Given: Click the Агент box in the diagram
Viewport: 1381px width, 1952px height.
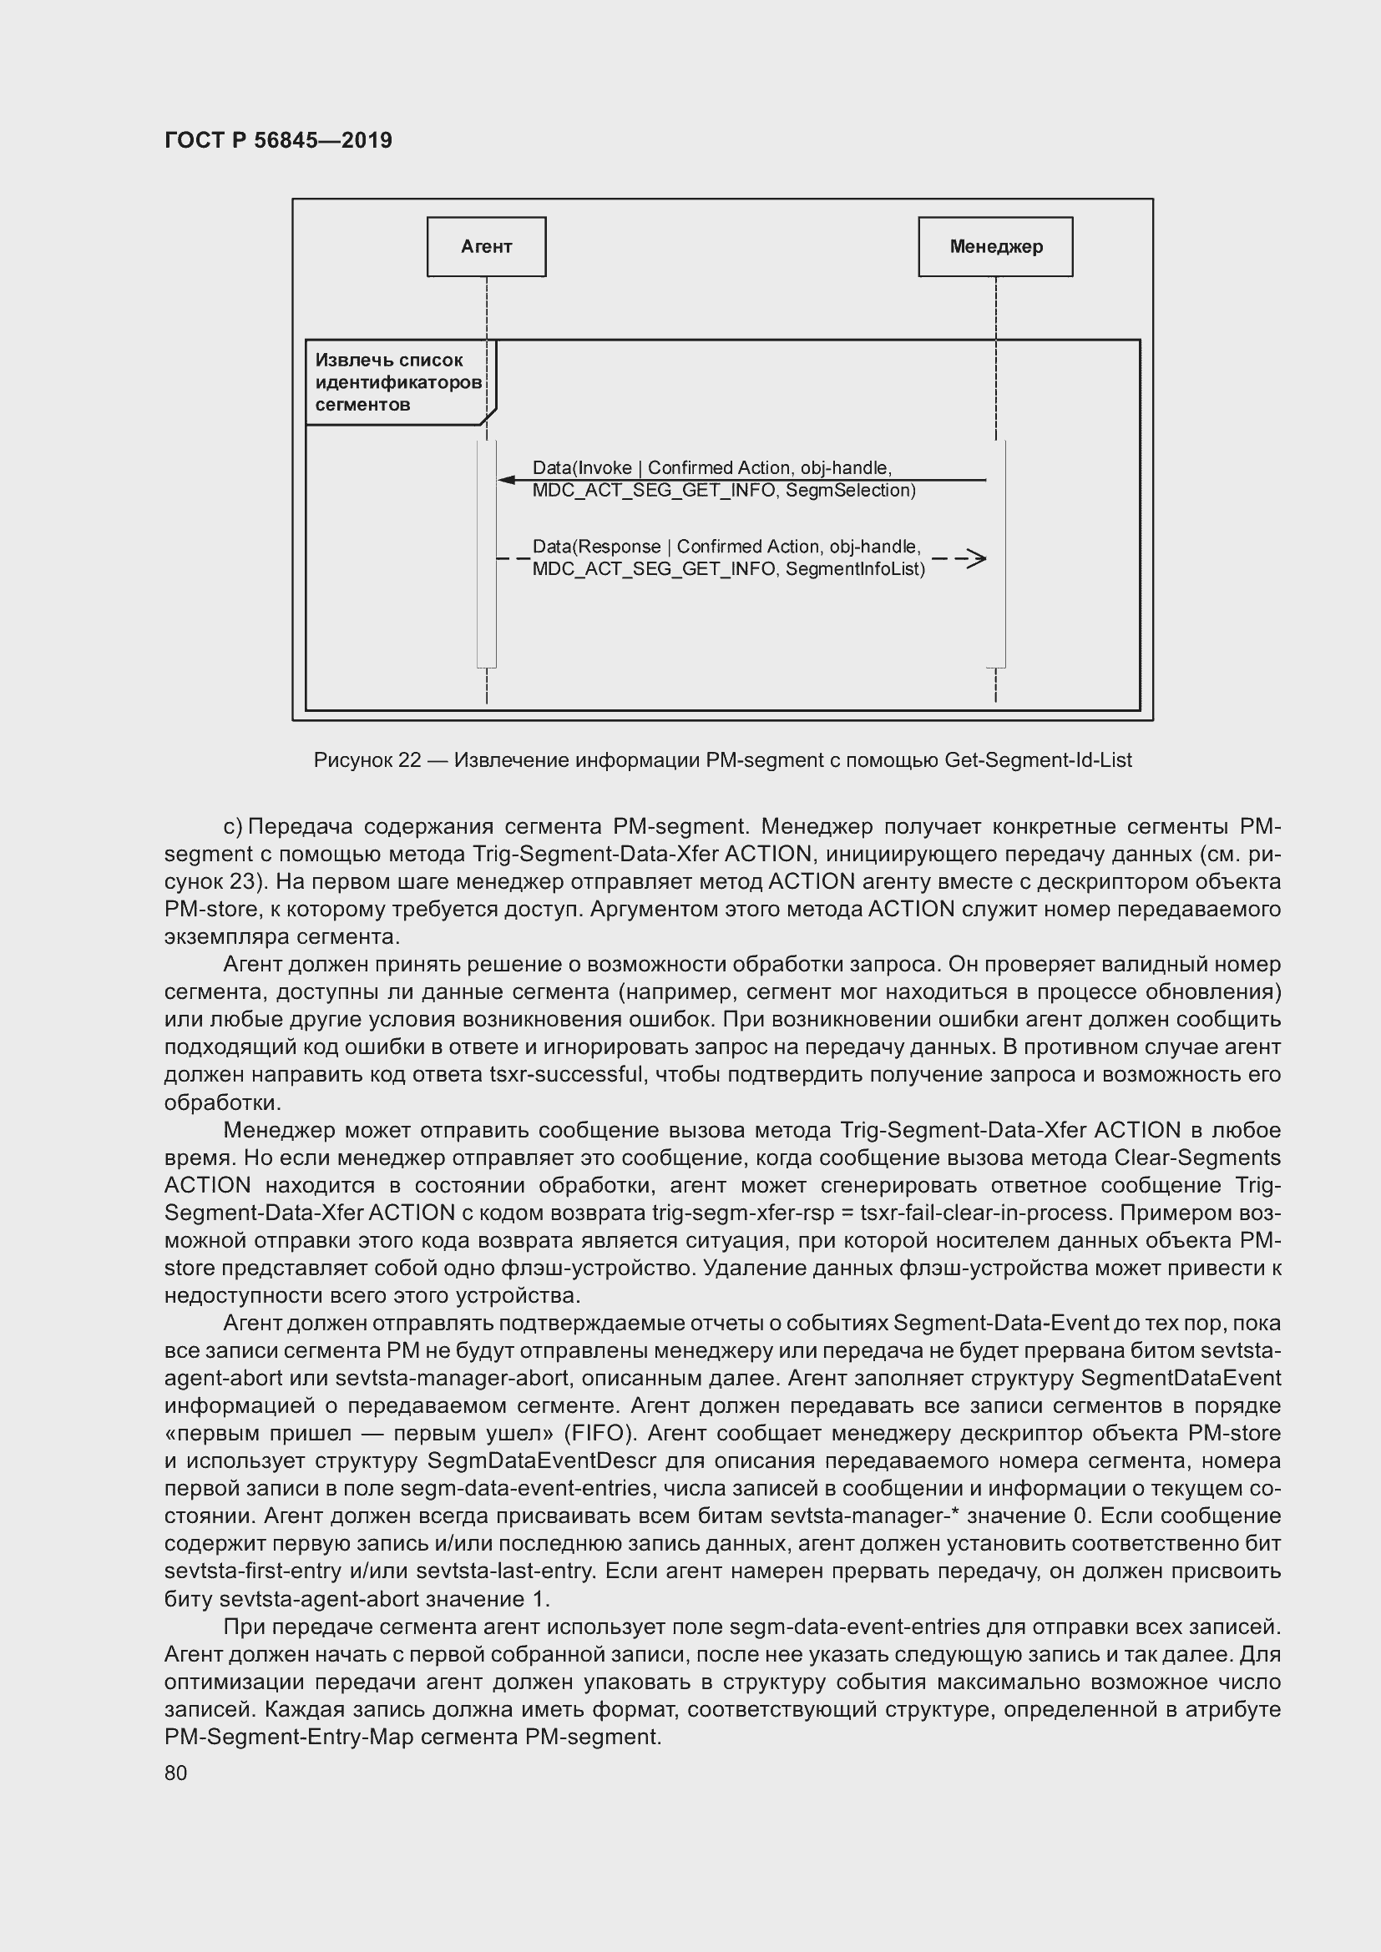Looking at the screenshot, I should coord(486,246).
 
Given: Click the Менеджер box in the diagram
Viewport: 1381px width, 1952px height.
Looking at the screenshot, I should coord(995,246).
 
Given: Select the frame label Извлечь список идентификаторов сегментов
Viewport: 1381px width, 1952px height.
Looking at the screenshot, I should coord(397,382).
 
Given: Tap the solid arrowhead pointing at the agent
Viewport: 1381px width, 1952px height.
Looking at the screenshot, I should coord(507,481).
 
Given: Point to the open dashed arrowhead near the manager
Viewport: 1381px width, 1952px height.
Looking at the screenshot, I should coord(977,558).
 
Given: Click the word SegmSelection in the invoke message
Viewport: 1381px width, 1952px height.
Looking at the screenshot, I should coord(849,491).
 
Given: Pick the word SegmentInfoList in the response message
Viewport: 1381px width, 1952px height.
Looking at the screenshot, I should coord(855,570).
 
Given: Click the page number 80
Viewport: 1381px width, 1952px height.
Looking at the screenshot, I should coord(175,1773).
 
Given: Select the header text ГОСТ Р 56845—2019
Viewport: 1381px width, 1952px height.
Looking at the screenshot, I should coord(278,140).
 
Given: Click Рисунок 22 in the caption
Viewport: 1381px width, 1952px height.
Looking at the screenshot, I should coord(367,760).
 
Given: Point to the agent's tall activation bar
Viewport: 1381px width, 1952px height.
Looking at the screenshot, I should coord(487,552).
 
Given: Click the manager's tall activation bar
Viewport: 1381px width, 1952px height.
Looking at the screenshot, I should coord(996,552).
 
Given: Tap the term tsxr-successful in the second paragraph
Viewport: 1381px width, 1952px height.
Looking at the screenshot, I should coord(565,1075).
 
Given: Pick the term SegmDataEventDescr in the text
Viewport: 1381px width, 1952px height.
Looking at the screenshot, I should coord(542,1460).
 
